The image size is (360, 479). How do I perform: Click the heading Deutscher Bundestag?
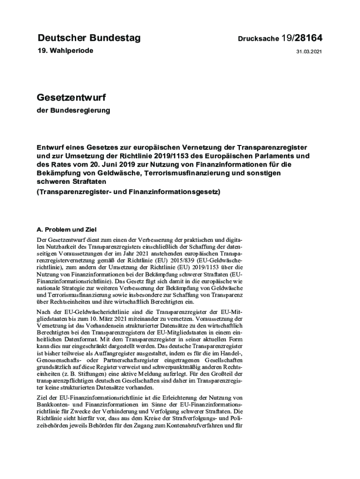(89, 38)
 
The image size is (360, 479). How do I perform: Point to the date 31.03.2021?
(309, 52)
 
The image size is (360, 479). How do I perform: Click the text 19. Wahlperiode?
(65, 50)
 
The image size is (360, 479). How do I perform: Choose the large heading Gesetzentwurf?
(71, 98)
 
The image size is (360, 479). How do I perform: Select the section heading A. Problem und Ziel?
(66, 230)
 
